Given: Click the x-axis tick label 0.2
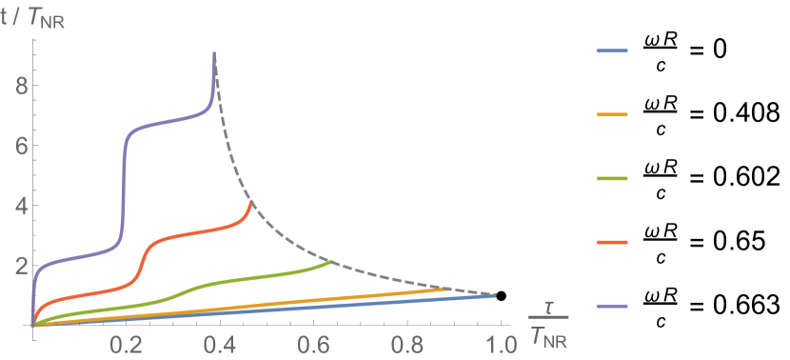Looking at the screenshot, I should (127, 346).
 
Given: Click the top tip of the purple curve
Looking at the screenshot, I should (214, 53).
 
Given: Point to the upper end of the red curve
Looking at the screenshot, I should (251, 201).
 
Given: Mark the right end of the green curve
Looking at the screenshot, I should (331, 261).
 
